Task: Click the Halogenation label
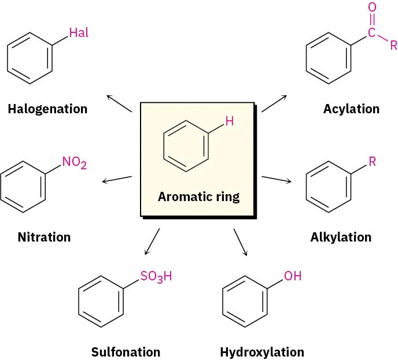tap(47, 109)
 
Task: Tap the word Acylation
tap(351, 109)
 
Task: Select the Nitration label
tap(44, 237)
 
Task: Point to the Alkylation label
tap(341, 237)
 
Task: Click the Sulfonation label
tap(126, 352)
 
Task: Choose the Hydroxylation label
tap(261, 352)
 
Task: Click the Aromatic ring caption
tap(198, 196)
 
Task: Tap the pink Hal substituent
tap(79, 33)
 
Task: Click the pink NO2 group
tap(75, 163)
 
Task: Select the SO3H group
tap(156, 276)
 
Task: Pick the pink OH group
tap(293, 276)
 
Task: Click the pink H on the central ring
tap(229, 121)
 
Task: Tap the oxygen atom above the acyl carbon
tap(371, 8)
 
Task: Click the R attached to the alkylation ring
tap(372, 161)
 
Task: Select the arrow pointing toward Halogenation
tap(119, 103)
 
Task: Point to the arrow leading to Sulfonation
tap(152, 242)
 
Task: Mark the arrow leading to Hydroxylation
tap(241, 242)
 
